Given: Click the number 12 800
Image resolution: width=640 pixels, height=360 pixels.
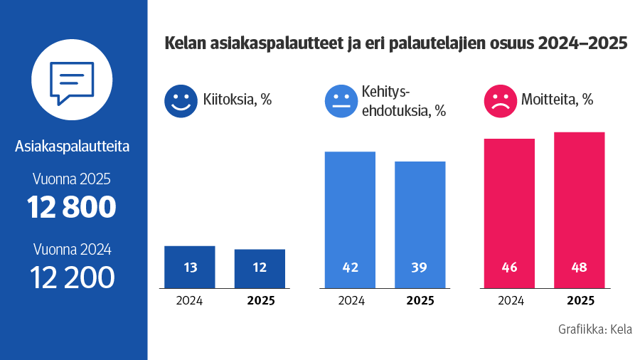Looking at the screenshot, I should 72,207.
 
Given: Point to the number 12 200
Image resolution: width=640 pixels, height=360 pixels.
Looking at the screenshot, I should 72,277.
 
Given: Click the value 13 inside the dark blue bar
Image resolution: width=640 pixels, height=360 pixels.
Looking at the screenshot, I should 190,268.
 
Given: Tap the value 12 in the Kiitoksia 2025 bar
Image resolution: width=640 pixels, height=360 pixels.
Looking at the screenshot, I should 260,268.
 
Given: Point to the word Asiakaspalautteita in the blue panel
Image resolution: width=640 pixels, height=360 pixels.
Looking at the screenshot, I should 72,147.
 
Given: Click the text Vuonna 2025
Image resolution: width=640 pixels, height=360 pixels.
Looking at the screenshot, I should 72,179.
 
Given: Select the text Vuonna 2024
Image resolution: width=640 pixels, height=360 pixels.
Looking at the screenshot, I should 72,249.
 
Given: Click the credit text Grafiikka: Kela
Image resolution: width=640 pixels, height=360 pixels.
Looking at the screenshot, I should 595,330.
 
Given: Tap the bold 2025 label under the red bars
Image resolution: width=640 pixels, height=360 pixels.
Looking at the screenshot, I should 579,300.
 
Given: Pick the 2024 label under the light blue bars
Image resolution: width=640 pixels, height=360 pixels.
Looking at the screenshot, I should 351,300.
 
